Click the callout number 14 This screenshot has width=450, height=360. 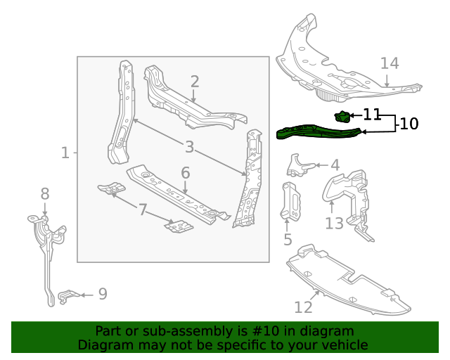coord(390,63)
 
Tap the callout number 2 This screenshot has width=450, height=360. coord(195,82)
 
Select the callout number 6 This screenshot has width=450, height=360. coord(186,172)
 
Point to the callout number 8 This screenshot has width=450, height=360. coord(44,193)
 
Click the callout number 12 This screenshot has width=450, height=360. coord(303,307)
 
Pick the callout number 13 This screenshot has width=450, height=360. coord(334,223)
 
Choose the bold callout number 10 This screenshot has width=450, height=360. coord(409,124)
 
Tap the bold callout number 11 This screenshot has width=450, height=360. coord(372,114)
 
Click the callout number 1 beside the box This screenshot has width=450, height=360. coord(65,152)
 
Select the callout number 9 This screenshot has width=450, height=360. coord(103,294)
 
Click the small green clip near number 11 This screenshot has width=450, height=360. coord(342,117)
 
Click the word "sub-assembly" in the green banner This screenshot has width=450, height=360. coord(159,331)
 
